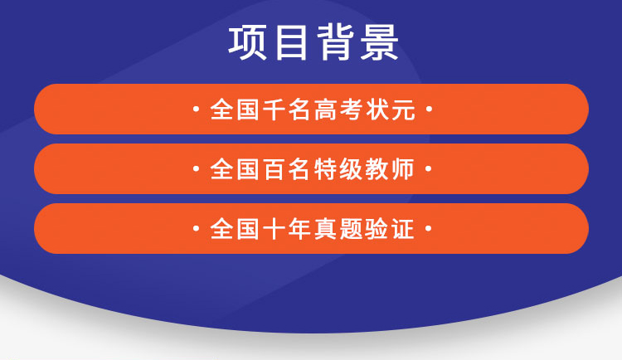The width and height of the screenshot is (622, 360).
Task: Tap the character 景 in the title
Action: click(x=380, y=42)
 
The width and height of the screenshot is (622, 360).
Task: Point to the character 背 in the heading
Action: click(x=336, y=42)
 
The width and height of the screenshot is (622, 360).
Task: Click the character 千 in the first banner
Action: click(x=275, y=109)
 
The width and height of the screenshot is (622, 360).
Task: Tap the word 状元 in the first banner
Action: click(x=391, y=109)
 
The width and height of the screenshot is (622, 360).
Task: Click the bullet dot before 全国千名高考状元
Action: click(x=196, y=109)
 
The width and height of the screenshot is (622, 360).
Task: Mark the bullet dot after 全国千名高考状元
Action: click(x=429, y=109)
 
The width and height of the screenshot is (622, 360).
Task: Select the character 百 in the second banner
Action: click(x=275, y=169)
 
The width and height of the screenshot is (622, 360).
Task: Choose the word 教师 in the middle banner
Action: click(x=391, y=169)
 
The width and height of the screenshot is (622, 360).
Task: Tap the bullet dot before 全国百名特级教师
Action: click(x=196, y=168)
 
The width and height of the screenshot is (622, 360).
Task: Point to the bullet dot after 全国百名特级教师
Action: click(x=429, y=168)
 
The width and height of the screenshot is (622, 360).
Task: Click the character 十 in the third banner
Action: click(x=275, y=230)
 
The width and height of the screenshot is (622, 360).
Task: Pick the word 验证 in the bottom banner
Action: click(x=391, y=230)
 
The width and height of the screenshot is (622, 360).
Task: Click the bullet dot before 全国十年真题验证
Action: click(x=196, y=229)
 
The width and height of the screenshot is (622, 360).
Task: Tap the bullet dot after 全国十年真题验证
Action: click(x=429, y=229)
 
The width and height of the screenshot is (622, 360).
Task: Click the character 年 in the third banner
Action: click(x=300, y=230)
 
